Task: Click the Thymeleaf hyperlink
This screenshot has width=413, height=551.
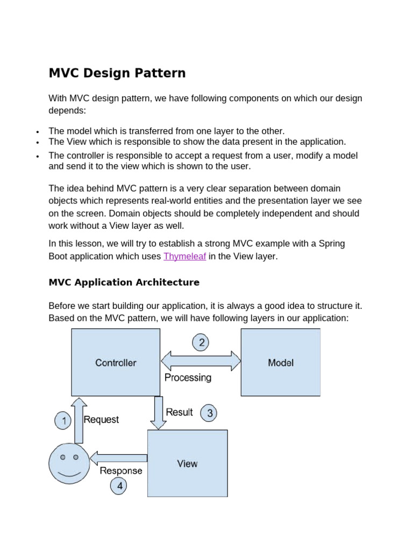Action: [x=184, y=257]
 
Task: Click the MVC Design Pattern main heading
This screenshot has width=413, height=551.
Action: [x=117, y=73]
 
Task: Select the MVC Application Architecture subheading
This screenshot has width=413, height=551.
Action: [x=124, y=282]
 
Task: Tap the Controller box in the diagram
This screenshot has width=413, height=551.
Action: [x=116, y=362]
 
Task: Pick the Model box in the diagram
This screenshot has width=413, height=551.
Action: [x=281, y=362]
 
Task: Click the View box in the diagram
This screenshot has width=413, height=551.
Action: [x=187, y=463]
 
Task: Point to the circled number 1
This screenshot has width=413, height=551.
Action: [x=64, y=421]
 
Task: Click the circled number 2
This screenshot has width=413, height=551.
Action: [x=201, y=342]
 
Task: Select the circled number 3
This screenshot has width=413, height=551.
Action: [x=209, y=413]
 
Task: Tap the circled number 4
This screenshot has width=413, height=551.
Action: [x=119, y=486]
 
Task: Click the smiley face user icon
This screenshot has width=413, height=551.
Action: [x=69, y=463]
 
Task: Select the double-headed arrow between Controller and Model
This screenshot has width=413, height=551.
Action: [x=201, y=361]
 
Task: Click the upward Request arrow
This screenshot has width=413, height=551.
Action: [x=79, y=421]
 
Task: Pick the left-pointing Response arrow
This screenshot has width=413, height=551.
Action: [x=118, y=458]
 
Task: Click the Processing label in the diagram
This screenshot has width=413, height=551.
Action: [x=188, y=378]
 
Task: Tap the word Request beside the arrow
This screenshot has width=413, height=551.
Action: [x=102, y=420]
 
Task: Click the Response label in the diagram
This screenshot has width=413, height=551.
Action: [x=121, y=471]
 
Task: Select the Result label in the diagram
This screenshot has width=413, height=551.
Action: [x=179, y=412]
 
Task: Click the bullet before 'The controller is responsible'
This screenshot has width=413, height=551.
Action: [x=38, y=157]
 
